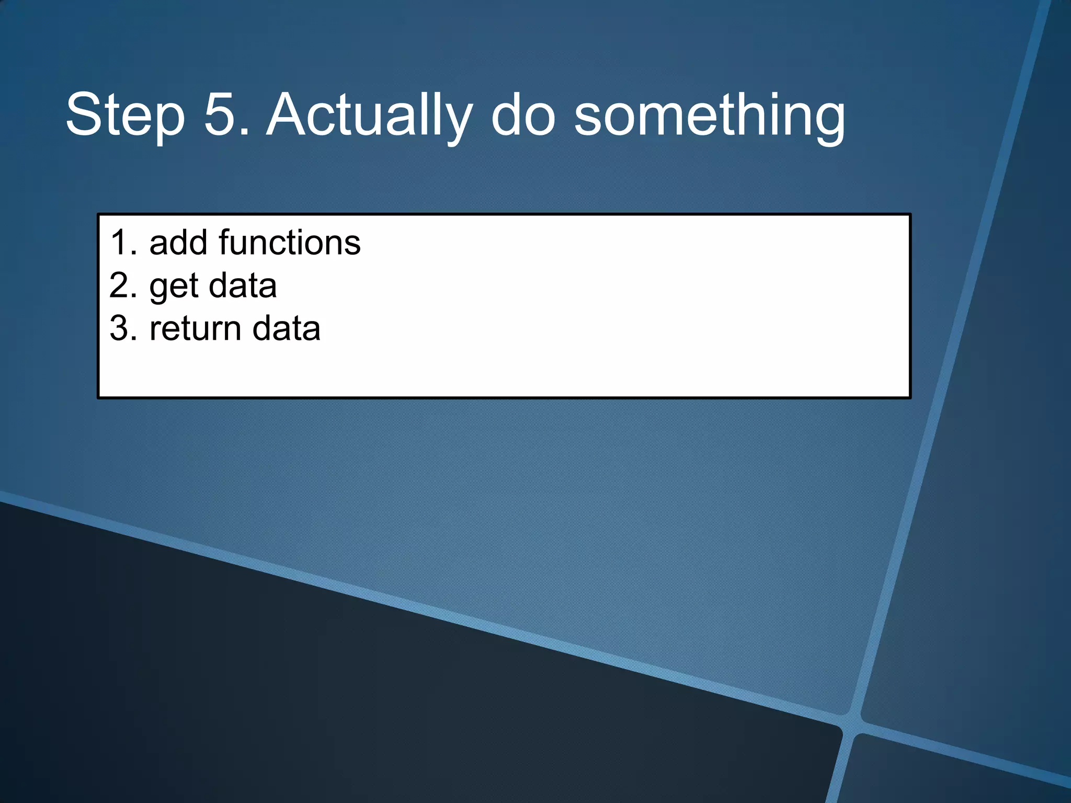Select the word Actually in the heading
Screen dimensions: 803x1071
click(369, 115)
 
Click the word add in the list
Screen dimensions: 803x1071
click(178, 243)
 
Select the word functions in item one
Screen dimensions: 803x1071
click(290, 243)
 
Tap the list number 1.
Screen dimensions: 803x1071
click(120, 243)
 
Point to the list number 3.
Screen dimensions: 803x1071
click(120, 329)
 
